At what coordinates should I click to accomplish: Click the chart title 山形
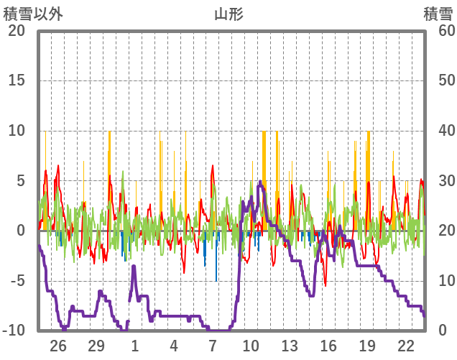[228, 14]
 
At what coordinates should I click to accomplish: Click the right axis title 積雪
[438, 14]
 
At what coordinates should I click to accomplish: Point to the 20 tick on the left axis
[16, 30]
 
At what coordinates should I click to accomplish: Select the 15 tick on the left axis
[16, 80]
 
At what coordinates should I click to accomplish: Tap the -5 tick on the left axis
[16, 281]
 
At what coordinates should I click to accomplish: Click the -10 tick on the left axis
[13, 331]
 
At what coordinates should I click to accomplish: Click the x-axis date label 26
[58, 346]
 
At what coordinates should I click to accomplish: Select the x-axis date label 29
[96, 346]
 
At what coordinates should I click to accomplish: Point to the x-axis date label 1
[135, 346]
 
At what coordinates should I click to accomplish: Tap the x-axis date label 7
[213, 346]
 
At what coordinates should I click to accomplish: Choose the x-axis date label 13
[290, 346]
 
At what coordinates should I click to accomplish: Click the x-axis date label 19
[367, 346]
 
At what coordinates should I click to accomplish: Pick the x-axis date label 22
[405, 346]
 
